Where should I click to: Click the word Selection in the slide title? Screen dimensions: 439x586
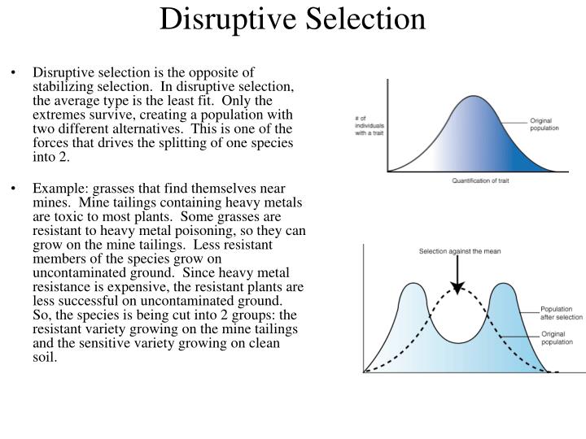[x=361, y=19]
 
